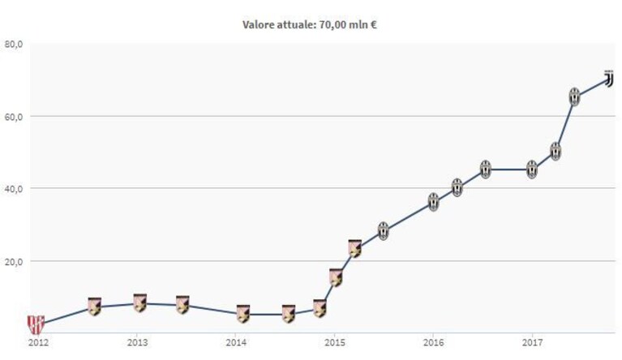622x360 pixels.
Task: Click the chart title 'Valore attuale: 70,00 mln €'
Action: pos(310,25)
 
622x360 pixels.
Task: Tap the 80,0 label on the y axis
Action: pos(12,44)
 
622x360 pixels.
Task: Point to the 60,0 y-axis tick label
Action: pos(12,117)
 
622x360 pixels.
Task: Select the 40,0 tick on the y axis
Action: pos(12,189)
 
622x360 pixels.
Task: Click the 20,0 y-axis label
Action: pos(12,262)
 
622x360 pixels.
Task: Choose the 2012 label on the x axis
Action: pos(38,342)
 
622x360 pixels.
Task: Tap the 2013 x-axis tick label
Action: pos(137,342)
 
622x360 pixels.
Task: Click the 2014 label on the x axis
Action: pos(236,342)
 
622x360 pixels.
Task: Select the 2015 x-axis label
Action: pos(335,342)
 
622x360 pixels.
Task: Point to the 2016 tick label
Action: pos(433,342)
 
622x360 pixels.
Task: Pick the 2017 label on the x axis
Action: pos(532,342)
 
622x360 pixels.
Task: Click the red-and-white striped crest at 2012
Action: pos(36,324)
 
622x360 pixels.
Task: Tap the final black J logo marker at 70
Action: pos(608,79)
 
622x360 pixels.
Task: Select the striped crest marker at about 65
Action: pos(574,96)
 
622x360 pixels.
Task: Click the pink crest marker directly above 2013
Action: pos(140,303)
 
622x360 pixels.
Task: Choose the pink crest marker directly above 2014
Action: pos(243,314)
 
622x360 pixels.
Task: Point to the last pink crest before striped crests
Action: pos(355,249)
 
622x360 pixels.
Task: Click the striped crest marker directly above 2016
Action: pos(434,202)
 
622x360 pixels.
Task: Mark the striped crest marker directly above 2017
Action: pos(532,169)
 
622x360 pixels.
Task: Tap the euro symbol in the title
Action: pos(373,25)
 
